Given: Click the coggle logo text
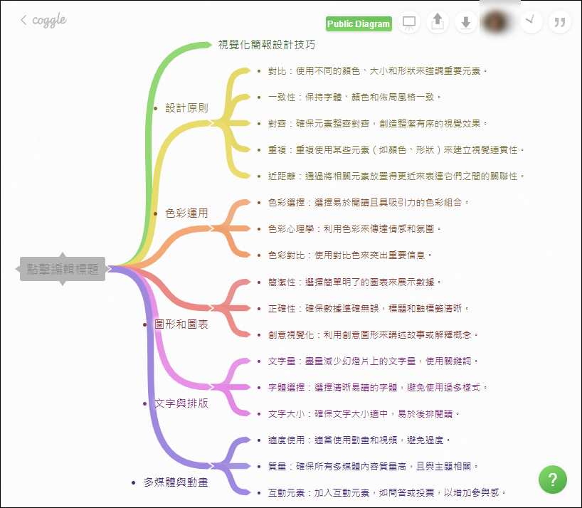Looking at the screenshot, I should pos(49,20).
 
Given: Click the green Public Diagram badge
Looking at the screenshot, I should pos(359,24).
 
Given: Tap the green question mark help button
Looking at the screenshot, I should pos(553,479).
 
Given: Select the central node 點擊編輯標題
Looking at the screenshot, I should pos(63,268).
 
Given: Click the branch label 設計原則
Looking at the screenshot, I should pos(186,108).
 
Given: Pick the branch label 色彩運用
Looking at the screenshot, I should pos(186,213).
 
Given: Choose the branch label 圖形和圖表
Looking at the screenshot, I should pos(181,324).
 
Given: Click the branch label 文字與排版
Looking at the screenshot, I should pos(181,403).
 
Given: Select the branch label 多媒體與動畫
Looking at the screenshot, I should pos(176,482).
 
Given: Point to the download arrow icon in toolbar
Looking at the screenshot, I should pos(466,23).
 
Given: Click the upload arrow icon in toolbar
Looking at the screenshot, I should pos(438,23).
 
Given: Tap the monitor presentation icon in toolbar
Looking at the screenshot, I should pos(409,23).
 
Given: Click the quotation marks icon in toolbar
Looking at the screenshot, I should pos(560,23).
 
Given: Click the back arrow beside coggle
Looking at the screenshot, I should pos(24,20).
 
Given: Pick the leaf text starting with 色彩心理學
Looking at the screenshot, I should pos(355,228).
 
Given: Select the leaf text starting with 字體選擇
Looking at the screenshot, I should pos(379,387).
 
